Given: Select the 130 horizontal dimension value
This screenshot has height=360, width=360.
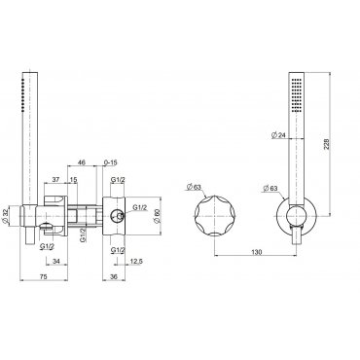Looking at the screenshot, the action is tap(257, 252).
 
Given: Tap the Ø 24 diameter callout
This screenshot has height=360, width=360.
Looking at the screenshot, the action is tap(277, 135).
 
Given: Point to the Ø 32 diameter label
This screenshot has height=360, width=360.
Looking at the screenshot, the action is tap(8, 216).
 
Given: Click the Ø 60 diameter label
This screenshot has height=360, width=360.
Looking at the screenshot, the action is tap(157, 215).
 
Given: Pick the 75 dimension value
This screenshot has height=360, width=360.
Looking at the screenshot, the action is tap(43, 276).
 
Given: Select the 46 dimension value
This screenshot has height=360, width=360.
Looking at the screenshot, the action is tap(82, 162).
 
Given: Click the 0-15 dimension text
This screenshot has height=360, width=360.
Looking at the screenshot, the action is tap(110, 162).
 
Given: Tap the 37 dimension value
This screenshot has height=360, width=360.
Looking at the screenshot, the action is tap(56, 180).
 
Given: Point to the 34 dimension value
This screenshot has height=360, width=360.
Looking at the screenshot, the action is tap(56, 262).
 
